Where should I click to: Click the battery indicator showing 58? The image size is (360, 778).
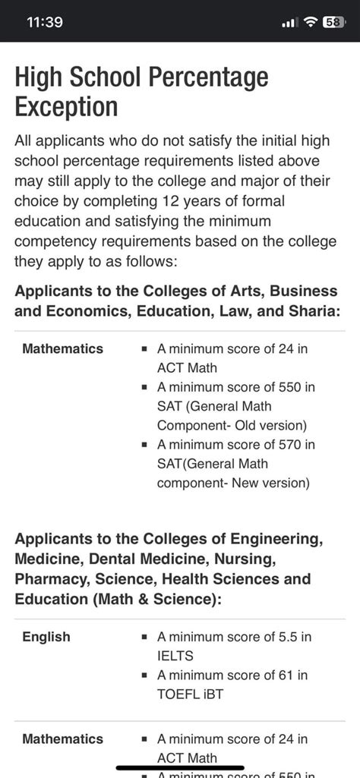[333, 22]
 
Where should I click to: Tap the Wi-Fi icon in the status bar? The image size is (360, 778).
[310, 22]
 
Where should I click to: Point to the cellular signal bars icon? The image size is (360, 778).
[289, 23]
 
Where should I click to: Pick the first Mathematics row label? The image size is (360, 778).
[62, 348]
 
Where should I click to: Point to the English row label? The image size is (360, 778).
[46, 637]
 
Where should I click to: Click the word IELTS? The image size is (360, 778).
[175, 656]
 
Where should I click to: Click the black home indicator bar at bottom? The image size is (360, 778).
[180, 767]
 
